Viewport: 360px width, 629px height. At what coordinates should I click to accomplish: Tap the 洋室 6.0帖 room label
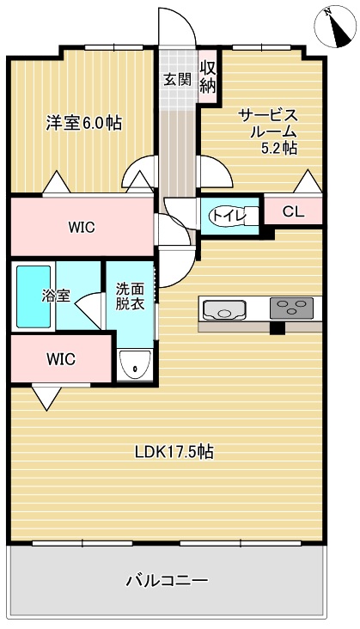click(83, 123)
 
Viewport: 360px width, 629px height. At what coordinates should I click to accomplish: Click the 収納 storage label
click(207, 76)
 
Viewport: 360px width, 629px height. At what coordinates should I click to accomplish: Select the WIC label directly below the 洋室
click(82, 228)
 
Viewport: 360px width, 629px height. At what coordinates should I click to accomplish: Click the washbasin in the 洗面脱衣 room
click(132, 365)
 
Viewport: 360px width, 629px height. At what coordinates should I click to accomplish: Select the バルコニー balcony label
click(167, 581)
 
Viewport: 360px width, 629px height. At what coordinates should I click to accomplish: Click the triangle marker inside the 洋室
click(56, 183)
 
